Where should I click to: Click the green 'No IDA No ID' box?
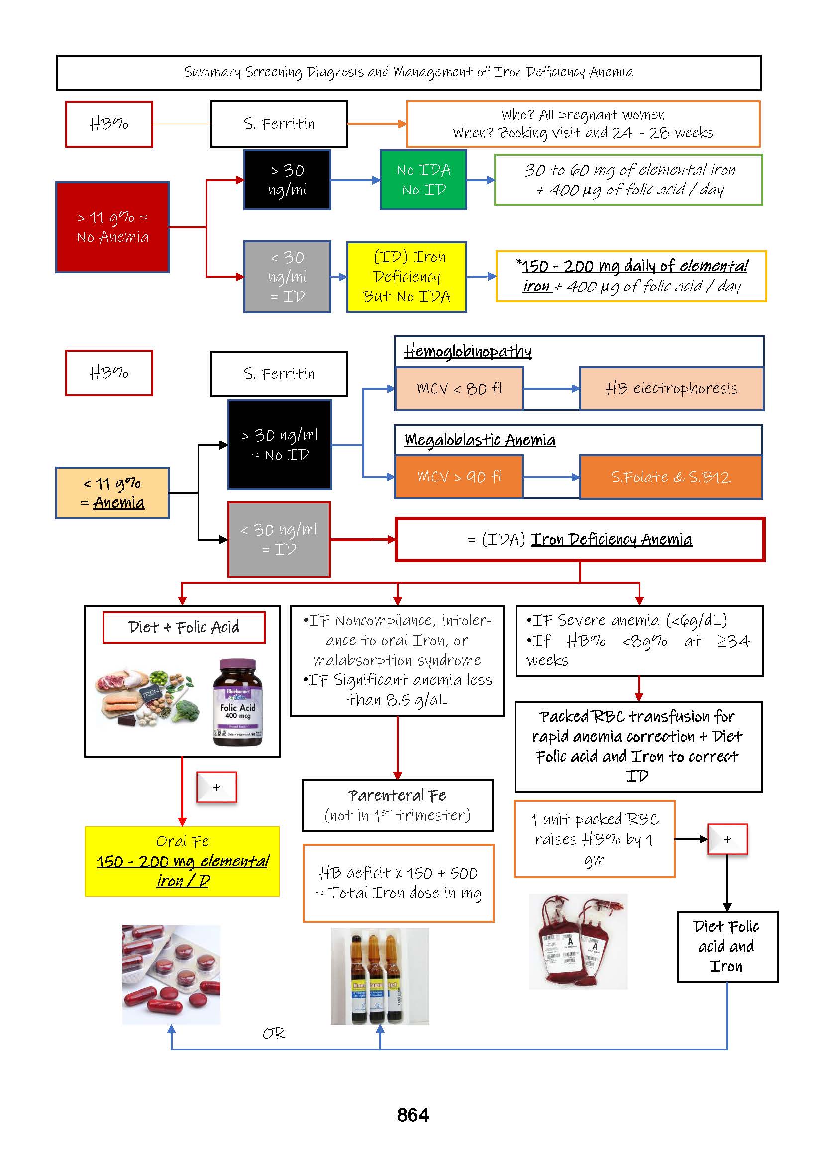[x=423, y=180]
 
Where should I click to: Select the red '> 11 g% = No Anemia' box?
[x=112, y=227]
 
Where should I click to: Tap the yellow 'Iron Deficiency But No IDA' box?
[x=407, y=277]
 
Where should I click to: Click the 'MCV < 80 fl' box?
[x=459, y=389]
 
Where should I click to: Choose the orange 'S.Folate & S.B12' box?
[x=671, y=477]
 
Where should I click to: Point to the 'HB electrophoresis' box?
[x=671, y=389]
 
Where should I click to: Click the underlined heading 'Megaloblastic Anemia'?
[x=480, y=440]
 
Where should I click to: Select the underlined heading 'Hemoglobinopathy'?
[x=467, y=351]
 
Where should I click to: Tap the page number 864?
[x=413, y=1115]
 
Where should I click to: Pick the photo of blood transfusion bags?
[x=578, y=942]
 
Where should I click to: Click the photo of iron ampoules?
[x=380, y=975]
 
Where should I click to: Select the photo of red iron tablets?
[x=171, y=974]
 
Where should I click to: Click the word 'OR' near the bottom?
[x=273, y=1034]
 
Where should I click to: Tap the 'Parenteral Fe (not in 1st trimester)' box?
[x=397, y=805]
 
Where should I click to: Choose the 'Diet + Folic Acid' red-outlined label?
[x=184, y=627]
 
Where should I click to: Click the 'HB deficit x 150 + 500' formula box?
[x=398, y=883]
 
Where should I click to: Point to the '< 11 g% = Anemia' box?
[x=112, y=492]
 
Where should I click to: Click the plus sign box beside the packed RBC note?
[x=727, y=839]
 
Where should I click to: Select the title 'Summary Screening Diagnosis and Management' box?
[x=409, y=73]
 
